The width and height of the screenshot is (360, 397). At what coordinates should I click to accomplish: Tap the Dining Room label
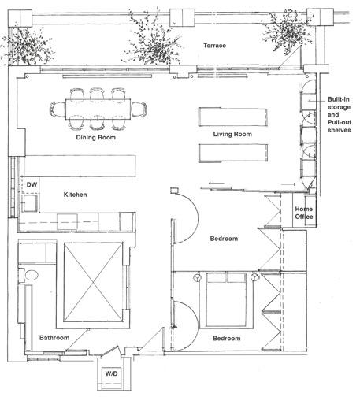[x=97, y=138]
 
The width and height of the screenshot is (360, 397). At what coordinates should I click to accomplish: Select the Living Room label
[x=232, y=135]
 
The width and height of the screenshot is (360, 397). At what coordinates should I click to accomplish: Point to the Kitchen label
[x=76, y=195]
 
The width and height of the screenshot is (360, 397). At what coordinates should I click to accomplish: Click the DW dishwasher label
[x=32, y=184]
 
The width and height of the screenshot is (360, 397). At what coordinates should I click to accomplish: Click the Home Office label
[x=303, y=212]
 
